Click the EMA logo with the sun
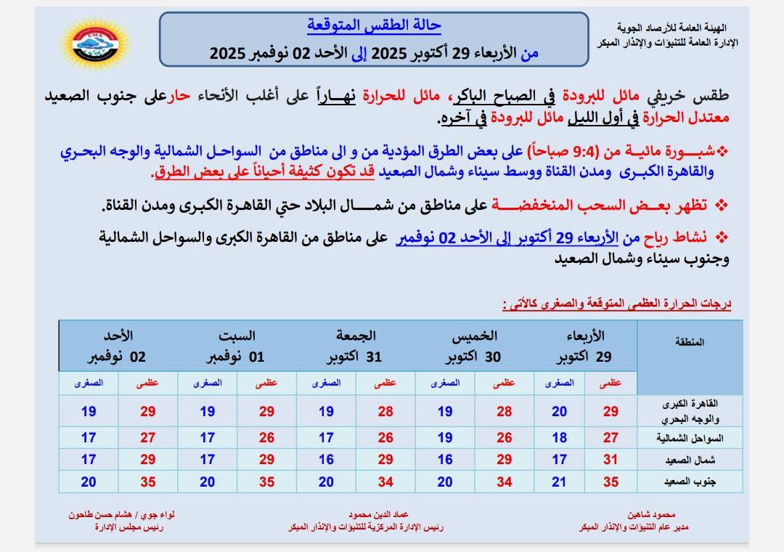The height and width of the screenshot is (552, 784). (96, 44)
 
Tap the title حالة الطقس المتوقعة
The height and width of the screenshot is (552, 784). (374, 25)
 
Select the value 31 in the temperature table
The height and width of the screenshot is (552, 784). (611, 459)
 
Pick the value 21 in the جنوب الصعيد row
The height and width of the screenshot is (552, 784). (559, 481)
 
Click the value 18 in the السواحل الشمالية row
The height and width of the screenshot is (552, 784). (559, 437)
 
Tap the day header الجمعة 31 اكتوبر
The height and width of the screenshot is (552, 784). (355, 346)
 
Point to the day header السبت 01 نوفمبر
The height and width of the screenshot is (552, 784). (237, 346)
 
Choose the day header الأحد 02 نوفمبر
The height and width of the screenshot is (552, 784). (118, 346)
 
